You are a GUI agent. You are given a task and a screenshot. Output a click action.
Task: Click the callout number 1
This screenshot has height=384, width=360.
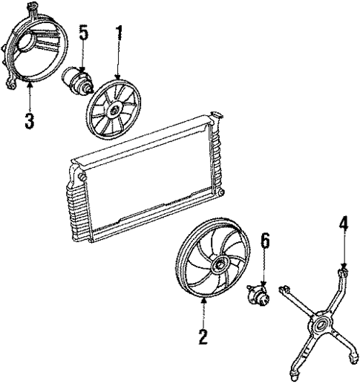pyautogui.click(x=117, y=33)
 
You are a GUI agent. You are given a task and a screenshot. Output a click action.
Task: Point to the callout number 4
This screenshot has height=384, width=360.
pyautogui.click(x=343, y=223)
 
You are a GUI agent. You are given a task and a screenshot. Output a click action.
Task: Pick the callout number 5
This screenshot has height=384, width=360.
pyautogui.click(x=83, y=33)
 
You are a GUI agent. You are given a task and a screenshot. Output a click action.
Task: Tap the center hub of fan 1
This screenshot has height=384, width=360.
pyautogui.click(x=114, y=109)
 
